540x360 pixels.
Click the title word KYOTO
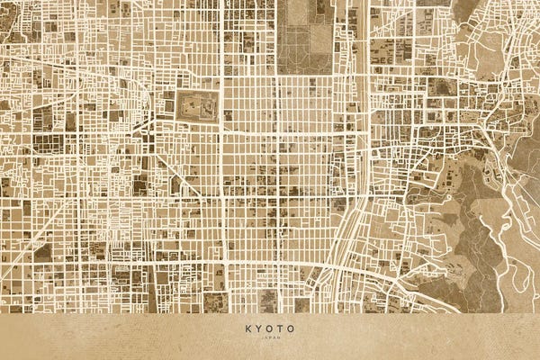tap(270, 328)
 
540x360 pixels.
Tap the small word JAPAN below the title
tap(270, 338)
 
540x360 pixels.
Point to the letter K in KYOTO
tap(248, 328)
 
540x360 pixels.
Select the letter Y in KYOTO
tap(259, 328)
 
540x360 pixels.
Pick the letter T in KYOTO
tap(280, 328)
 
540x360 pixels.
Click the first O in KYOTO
tap(269, 328)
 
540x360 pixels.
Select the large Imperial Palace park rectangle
tap(306, 36)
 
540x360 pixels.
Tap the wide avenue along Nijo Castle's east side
tap(222, 135)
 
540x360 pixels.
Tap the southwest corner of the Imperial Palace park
tap(279, 72)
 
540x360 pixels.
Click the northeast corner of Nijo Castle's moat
tap(219, 91)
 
